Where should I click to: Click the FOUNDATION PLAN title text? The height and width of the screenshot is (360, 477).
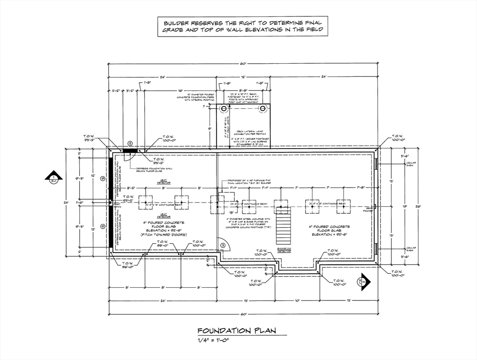pos(236,331)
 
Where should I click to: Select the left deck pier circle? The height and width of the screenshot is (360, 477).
pos(224,108)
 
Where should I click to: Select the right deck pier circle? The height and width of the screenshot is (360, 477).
pos(263,108)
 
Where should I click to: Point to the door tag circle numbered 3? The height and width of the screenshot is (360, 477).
pos(224,244)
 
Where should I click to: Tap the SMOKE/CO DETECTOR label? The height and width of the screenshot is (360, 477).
pos(285,250)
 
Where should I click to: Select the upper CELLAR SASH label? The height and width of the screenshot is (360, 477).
pos(411,164)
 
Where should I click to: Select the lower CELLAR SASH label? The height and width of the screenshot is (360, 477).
pos(411,249)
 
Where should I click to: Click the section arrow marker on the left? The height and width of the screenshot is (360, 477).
pos(54,177)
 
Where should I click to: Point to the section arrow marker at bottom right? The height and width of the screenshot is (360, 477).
pos(364,283)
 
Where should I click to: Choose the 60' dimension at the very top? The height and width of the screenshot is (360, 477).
pos(243,63)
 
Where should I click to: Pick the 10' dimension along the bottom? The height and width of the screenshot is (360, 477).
pos(297,300)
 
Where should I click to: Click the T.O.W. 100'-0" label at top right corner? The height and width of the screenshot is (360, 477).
pos(397,137)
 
